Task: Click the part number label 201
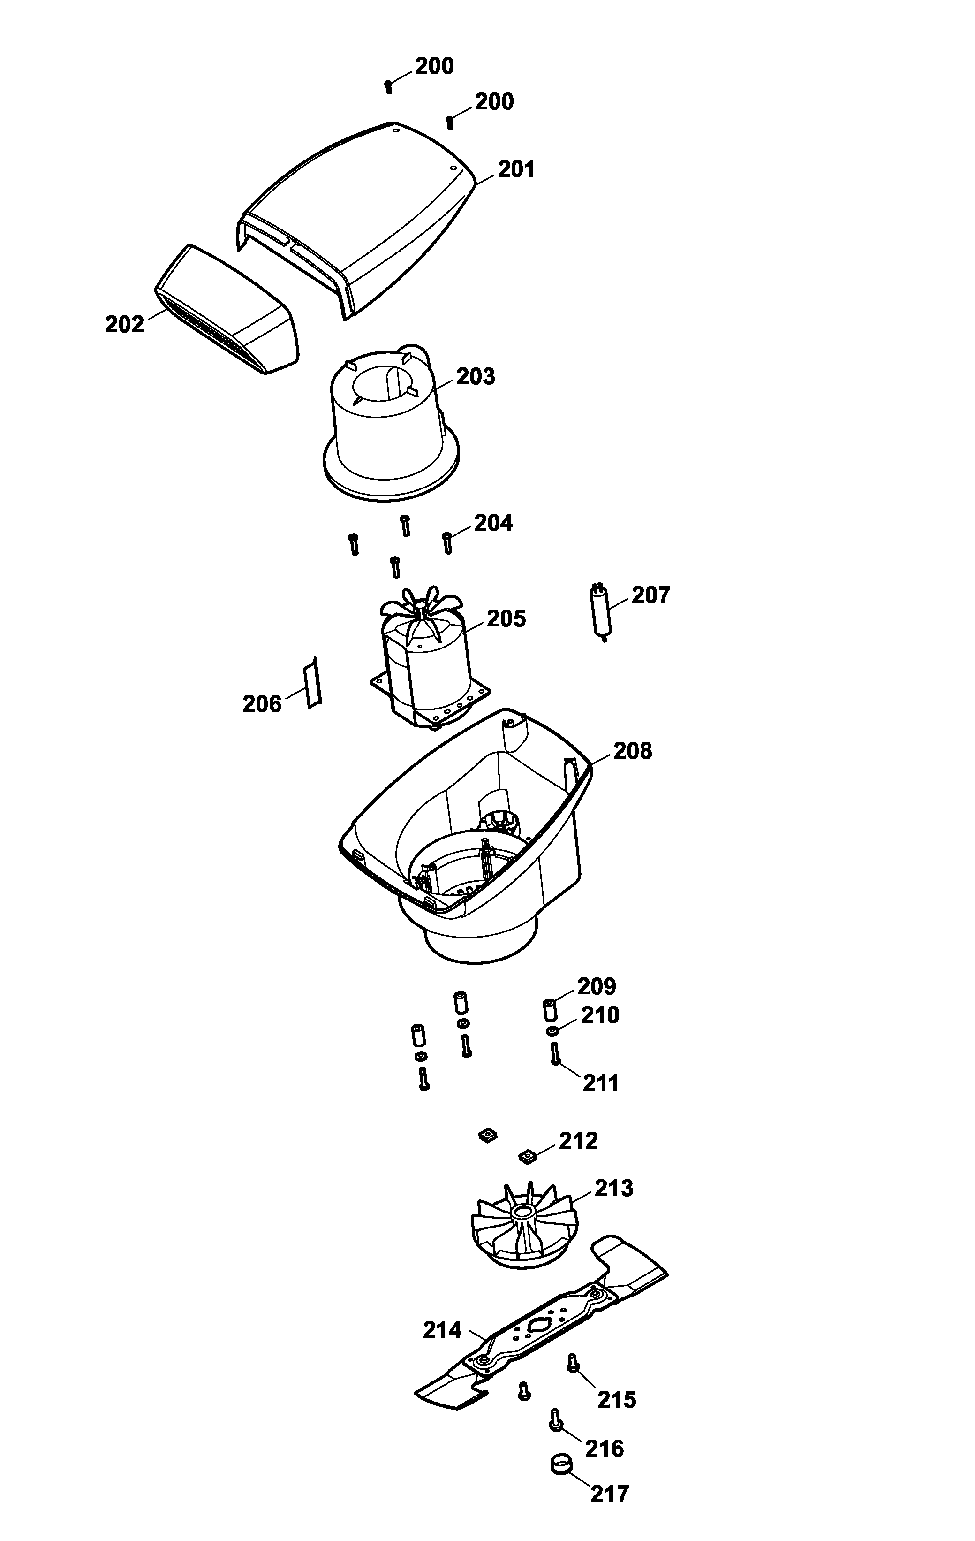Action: pyautogui.click(x=516, y=169)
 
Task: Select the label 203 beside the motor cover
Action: pyautogui.click(x=476, y=377)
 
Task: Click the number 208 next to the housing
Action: pyautogui.click(x=632, y=751)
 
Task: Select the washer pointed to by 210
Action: pyautogui.click(x=551, y=1031)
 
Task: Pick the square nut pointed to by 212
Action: pyautogui.click(x=527, y=1156)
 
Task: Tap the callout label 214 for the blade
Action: pyautogui.click(x=442, y=1330)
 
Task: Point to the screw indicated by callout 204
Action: pyautogui.click(x=447, y=542)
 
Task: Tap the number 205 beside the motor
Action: pyautogui.click(x=506, y=619)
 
